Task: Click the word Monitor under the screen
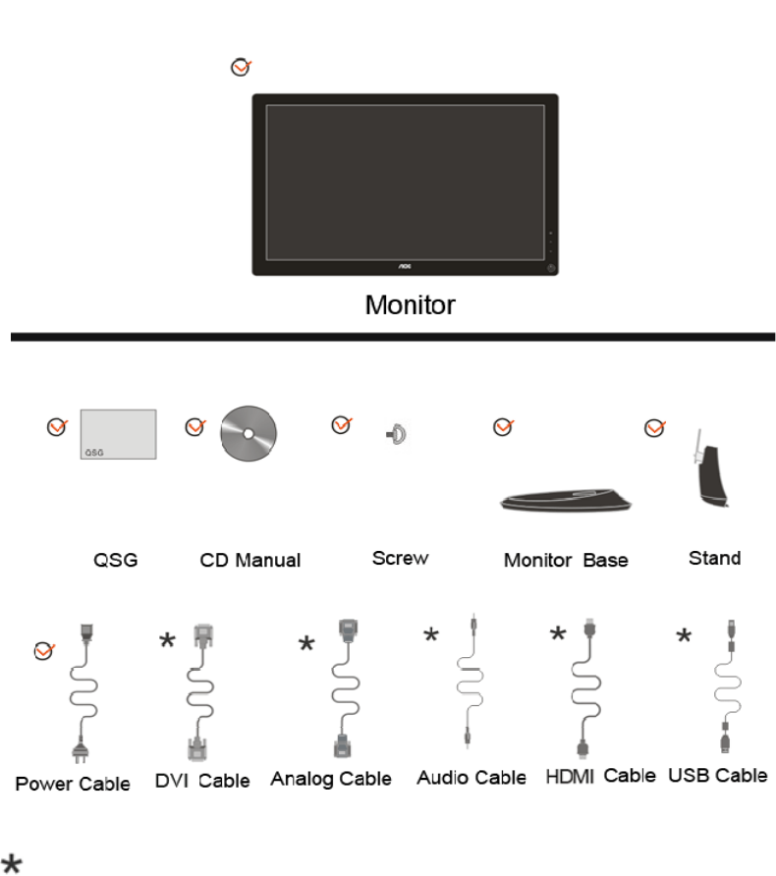point(411,304)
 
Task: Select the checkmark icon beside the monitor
point(240,67)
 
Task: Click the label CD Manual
point(250,561)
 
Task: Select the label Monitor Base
point(566,561)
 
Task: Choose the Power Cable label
point(72,784)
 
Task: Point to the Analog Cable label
point(331,780)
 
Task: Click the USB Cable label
point(718,776)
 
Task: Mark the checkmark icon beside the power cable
point(44,649)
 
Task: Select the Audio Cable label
point(471,778)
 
